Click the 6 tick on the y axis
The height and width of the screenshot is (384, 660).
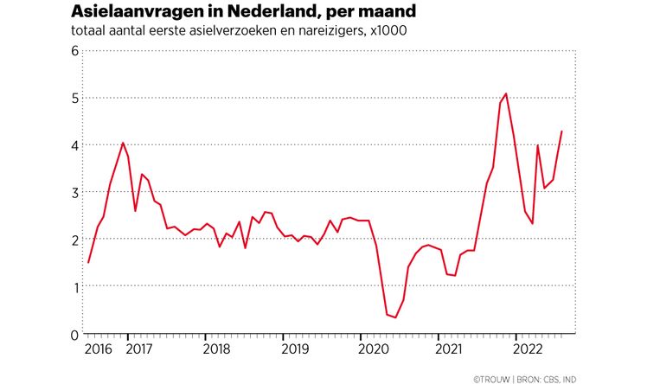(74, 51)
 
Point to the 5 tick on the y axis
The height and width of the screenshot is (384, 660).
(74, 98)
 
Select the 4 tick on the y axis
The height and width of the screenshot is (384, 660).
(74, 145)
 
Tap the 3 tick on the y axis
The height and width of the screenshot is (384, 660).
(74, 192)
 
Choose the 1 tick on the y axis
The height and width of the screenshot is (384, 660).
(74, 286)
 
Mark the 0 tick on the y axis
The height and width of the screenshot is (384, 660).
(74, 334)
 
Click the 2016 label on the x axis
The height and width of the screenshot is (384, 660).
(99, 349)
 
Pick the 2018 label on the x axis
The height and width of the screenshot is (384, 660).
(215, 349)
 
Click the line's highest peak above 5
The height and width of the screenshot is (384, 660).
(506, 93)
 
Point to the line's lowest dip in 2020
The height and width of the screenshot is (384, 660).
(395, 317)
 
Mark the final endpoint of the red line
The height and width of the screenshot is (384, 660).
(562, 131)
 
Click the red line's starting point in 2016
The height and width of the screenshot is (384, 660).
(88, 262)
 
